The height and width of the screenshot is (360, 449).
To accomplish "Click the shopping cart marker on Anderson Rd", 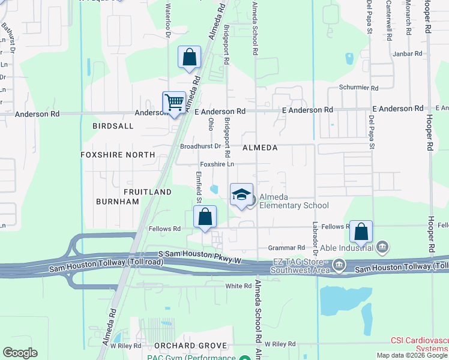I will (x=174, y=102).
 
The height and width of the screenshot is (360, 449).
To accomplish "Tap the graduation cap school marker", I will (x=241, y=195).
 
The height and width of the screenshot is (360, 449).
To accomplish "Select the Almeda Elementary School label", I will (x=294, y=201).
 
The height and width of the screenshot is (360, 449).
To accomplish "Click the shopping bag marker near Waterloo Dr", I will (x=189, y=58).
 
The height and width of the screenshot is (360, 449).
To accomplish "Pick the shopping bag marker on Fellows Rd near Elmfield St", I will (x=205, y=217).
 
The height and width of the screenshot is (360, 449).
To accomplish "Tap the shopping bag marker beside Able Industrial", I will (x=361, y=231).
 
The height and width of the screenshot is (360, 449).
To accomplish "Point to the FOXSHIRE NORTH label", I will (x=118, y=154).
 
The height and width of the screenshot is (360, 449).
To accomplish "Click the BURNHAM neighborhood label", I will (x=117, y=202).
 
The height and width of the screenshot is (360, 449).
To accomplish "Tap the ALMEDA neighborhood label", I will (x=260, y=148).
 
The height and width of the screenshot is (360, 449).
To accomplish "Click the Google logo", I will (x=20, y=353).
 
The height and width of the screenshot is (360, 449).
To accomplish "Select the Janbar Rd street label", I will (x=408, y=53).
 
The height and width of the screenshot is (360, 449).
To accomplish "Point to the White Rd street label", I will (x=238, y=286).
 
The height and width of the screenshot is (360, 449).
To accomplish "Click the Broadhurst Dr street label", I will (x=200, y=146).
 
